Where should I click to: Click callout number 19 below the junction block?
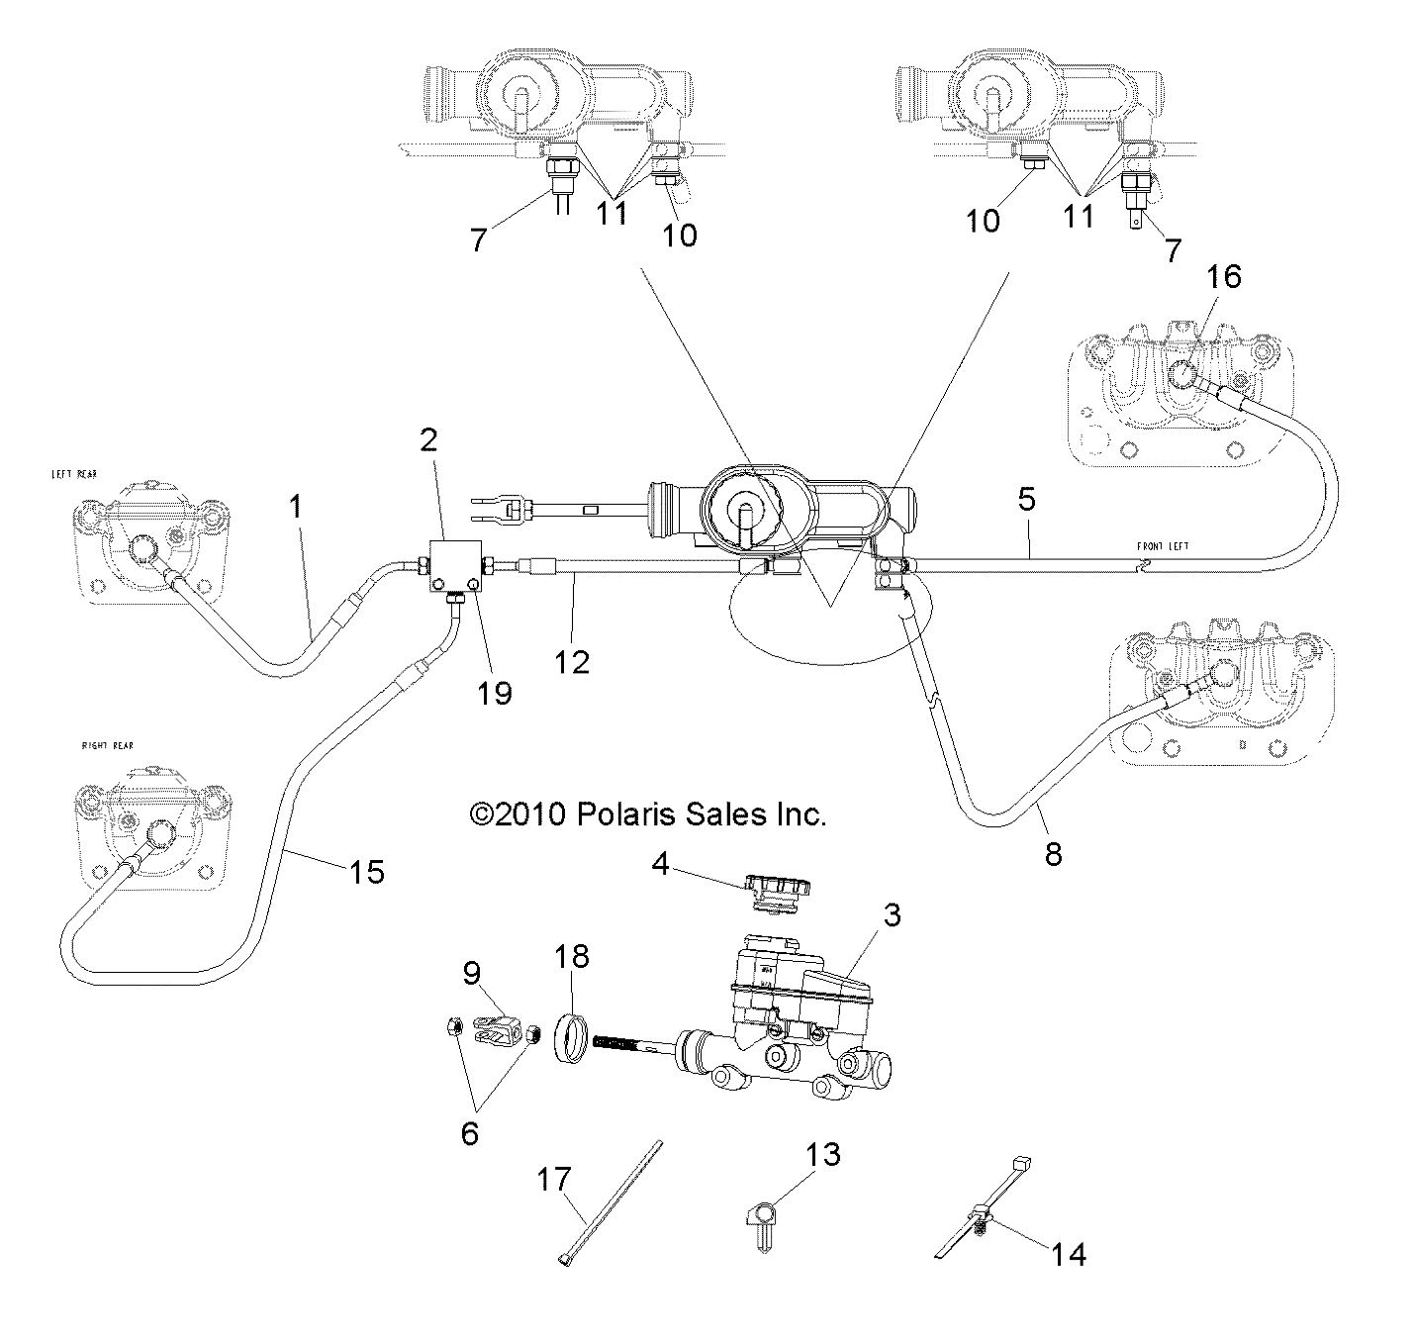[496, 692]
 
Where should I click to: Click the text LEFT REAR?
[74, 475]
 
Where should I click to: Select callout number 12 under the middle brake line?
[572, 661]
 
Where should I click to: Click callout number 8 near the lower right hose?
[1053, 852]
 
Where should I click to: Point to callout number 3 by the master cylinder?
[892, 914]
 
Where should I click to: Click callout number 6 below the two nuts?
[469, 1132]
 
